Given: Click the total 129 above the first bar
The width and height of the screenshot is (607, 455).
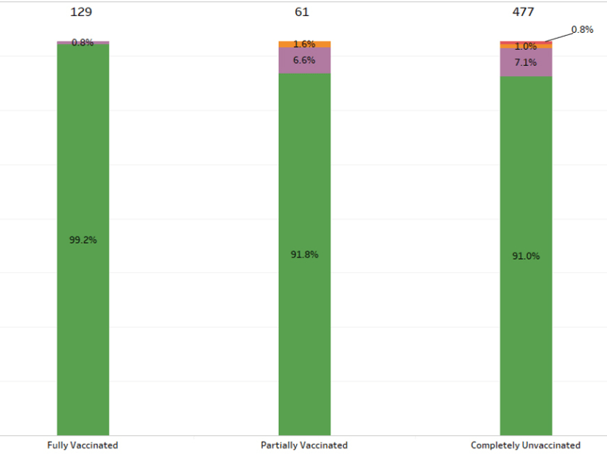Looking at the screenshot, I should coord(82,12).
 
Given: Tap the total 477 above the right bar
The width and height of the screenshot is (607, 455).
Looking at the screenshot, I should coord(524,12).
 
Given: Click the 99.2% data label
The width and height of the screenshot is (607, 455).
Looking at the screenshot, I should coord(83,239).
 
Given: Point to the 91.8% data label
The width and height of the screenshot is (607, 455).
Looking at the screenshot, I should coord(304,255).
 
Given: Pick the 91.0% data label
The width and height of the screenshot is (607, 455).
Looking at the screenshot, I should coord(526,256).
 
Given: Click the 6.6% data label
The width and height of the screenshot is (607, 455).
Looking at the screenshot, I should coord(304,60).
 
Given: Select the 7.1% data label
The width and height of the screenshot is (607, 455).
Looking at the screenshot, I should coord(526,63).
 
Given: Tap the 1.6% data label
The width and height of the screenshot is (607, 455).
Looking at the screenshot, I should coord(304,45).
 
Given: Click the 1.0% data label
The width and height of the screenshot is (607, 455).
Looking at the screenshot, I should coord(526,47).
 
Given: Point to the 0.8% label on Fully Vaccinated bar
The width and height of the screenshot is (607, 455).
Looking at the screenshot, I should coord(83,42).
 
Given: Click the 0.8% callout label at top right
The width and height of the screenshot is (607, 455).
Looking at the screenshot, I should coord(582,30).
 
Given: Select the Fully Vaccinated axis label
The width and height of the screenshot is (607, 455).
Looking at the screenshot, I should coord(83,445).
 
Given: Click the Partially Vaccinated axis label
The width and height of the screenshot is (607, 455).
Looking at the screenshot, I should coord(304,445).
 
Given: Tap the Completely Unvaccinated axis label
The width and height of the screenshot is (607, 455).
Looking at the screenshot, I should coord(526,445).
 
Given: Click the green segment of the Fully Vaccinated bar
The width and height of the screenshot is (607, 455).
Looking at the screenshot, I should coord(83,329).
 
